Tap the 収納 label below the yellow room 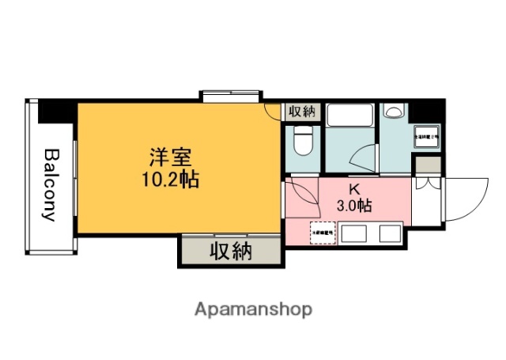tap(231, 252)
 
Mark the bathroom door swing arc tap(363, 158)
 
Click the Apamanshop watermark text tap(254, 309)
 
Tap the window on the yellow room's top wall tap(230, 97)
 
